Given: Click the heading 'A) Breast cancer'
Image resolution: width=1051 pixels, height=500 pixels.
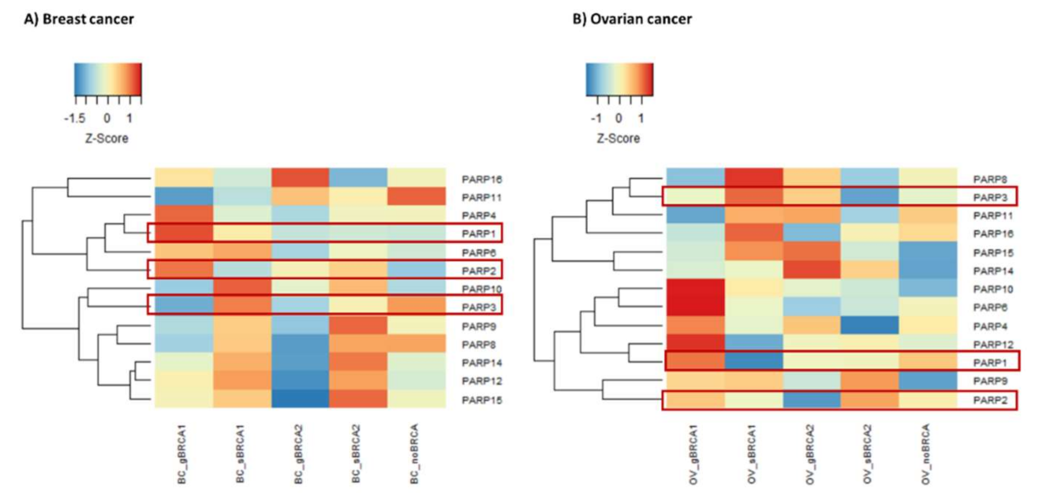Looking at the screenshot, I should click(79, 19).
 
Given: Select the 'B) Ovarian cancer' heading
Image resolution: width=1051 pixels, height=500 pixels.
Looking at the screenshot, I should click(632, 19).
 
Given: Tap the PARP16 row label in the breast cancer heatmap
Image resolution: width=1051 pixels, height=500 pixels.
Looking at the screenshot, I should click(482, 179).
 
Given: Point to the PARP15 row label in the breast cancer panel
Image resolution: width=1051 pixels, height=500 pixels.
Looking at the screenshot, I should click(482, 400).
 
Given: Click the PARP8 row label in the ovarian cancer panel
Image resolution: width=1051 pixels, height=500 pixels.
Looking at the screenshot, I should click(990, 179).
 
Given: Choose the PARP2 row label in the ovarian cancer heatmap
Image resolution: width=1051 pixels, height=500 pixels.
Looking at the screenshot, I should click(990, 400).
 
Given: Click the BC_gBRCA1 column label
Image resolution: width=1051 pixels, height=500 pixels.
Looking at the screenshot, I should click(182, 454).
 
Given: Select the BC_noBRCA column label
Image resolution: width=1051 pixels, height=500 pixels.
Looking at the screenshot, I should click(415, 454).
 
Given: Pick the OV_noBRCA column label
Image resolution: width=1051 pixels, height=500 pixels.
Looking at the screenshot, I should click(926, 454).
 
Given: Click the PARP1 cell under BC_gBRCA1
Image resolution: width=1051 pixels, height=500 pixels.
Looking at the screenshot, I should click(184, 234).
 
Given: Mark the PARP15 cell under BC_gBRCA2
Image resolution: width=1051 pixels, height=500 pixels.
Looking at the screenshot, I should click(300, 399).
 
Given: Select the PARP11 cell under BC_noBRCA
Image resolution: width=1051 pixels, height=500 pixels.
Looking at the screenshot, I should click(417, 197).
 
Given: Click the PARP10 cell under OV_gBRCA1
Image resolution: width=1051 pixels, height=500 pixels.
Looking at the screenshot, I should click(695, 289).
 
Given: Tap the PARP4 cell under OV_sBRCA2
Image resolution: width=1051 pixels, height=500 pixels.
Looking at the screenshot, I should click(869, 326).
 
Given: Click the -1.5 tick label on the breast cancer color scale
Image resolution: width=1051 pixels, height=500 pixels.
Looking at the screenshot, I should click(75, 119).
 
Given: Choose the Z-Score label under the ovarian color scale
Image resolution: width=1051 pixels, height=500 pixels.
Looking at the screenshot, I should click(618, 139).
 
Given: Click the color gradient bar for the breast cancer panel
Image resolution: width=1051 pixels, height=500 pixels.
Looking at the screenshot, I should click(108, 79).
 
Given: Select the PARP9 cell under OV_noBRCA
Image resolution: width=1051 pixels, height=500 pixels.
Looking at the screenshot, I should click(928, 381).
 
